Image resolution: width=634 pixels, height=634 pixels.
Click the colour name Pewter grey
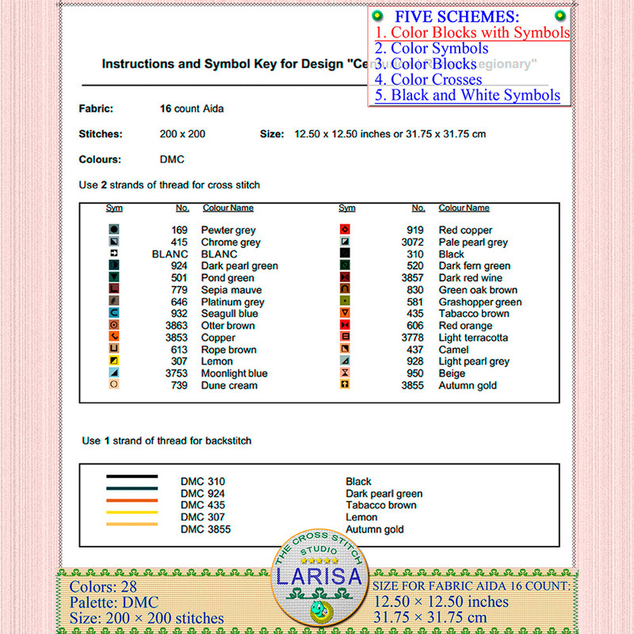[x=228, y=231]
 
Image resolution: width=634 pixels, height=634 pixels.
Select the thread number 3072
[x=412, y=243]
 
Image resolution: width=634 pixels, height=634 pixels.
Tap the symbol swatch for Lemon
[x=114, y=361]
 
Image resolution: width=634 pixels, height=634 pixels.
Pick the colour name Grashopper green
[x=479, y=302]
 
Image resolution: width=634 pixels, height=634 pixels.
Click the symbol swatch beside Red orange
[x=345, y=326]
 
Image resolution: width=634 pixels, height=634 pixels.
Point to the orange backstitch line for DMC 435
[x=132, y=501]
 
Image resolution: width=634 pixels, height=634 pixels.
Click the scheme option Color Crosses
[x=428, y=79]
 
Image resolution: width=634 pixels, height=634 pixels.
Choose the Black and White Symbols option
[x=468, y=95]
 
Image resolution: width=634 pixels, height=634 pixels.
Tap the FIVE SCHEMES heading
[x=457, y=17]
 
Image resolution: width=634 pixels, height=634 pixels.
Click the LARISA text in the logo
[x=319, y=576]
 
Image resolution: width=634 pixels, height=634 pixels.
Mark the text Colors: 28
[x=103, y=587]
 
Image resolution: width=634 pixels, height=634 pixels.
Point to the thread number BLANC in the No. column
[x=170, y=254]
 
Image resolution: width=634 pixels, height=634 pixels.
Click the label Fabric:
[x=96, y=109]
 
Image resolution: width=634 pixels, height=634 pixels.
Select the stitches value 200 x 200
[x=182, y=134]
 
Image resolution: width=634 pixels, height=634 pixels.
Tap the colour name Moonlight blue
[x=234, y=373]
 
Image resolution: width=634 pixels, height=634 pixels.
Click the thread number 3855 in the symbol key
[x=412, y=385]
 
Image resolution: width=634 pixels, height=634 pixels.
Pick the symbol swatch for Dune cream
[x=114, y=385]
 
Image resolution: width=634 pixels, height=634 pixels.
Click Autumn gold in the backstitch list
[x=374, y=529]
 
